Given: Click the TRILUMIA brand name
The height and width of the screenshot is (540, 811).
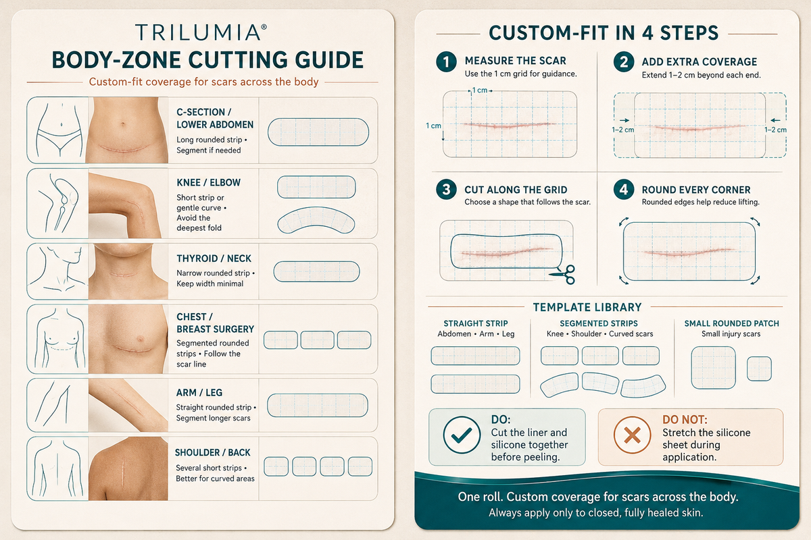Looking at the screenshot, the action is [x=199, y=32].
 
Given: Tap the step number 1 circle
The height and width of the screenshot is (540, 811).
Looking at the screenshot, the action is [x=446, y=62].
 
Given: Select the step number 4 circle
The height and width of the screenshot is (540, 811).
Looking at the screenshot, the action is [x=623, y=190].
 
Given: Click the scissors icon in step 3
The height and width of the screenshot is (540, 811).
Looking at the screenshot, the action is [x=563, y=275].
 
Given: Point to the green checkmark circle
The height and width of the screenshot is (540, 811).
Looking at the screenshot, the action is [x=462, y=435].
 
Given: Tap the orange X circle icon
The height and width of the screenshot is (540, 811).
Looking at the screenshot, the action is [x=632, y=435].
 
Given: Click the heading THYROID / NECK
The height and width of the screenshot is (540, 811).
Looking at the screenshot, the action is [x=214, y=259].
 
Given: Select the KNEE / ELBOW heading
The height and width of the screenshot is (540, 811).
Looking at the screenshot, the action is [x=208, y=183].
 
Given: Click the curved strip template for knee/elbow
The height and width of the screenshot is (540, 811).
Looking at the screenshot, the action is [x=316, y=220].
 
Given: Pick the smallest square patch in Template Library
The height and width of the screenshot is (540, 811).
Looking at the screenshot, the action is [x=759, y=369].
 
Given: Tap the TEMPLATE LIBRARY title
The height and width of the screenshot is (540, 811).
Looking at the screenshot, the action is [x=587, y=307].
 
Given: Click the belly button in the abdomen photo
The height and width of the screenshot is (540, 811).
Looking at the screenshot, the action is [x=124, y=124].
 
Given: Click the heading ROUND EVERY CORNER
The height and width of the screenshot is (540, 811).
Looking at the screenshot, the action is [x=696, y=190].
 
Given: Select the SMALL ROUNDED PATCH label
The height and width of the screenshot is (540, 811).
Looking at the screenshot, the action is [x=731, y=323].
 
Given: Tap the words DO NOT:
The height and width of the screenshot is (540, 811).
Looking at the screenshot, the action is [x=685, y=420].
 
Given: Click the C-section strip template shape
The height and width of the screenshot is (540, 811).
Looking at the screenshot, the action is [x=318, y=132].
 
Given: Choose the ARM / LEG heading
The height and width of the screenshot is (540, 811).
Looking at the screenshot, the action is [x=199, y=393].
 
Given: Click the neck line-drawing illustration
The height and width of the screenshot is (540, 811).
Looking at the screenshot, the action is [x=57, y=271].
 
